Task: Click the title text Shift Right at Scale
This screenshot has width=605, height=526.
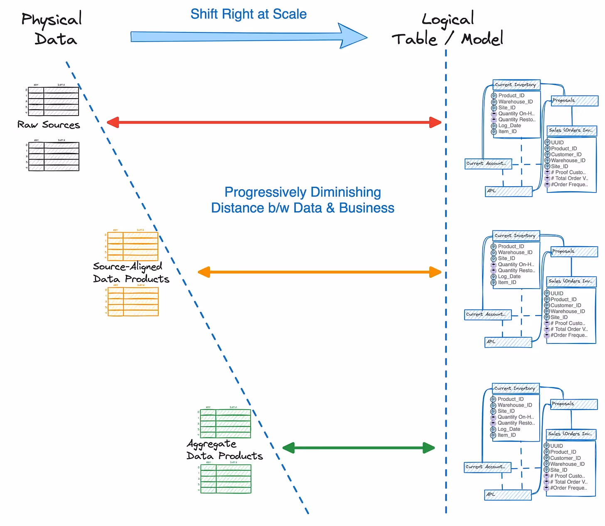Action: pos(248,14)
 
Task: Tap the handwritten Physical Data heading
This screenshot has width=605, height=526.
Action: pos(52,29)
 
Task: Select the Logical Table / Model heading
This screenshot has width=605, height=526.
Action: pos(448,30)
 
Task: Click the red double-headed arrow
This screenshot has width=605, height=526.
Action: pos(274,122)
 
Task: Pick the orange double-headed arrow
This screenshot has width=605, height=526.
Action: pos(320,272)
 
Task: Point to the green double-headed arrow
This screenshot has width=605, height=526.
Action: pos(359,448)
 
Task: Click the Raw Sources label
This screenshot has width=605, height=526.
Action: pos(49,125)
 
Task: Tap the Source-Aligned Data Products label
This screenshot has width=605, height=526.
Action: pos(131,273)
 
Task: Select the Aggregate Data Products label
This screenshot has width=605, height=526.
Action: pos(224,450)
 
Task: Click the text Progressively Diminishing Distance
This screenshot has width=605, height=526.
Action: pos(302,200)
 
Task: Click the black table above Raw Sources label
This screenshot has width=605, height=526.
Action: pos(53,101)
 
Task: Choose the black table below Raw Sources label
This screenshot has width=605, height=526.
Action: pos(54,156)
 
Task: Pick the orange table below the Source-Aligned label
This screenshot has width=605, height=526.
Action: pos(133,301)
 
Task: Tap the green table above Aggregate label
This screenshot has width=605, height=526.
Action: pos(226,424)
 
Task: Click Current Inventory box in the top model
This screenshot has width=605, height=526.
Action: pos(516,85)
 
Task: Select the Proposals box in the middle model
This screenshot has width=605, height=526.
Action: pos(574,252)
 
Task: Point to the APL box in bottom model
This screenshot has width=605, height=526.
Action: pos(508,494)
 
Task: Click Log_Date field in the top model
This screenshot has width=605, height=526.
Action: pos(509,126)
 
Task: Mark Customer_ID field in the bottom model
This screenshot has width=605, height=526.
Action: pos(565,458)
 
